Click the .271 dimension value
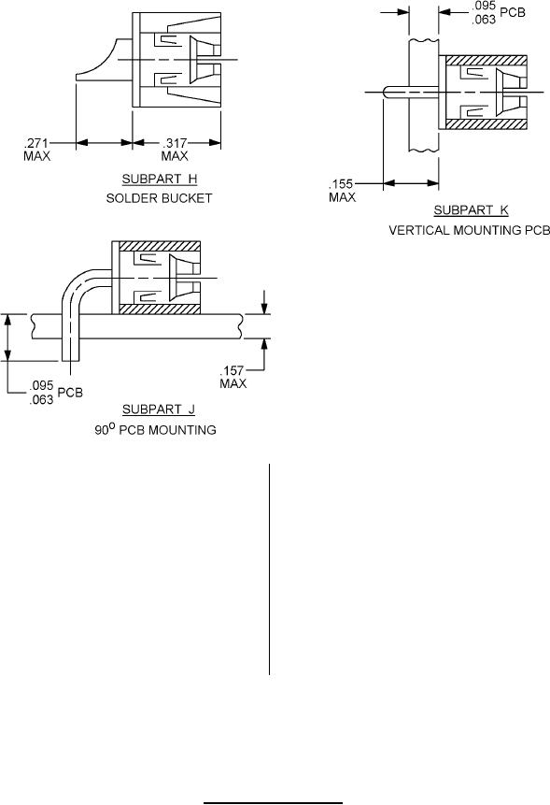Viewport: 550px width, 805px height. (35, 143)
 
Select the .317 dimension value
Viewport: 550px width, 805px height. (175, 143)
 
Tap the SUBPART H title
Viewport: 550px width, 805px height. (160, 180)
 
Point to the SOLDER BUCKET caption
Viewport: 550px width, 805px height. (159, 198)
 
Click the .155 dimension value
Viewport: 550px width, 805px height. (341, 184)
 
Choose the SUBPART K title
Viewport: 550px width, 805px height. (471, 210)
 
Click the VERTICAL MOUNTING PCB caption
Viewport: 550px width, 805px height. (469, 230)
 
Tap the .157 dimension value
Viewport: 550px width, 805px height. (233, 370)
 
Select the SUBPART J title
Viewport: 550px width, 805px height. (159, 410)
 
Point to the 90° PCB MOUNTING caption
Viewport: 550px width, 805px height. (155, 429)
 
